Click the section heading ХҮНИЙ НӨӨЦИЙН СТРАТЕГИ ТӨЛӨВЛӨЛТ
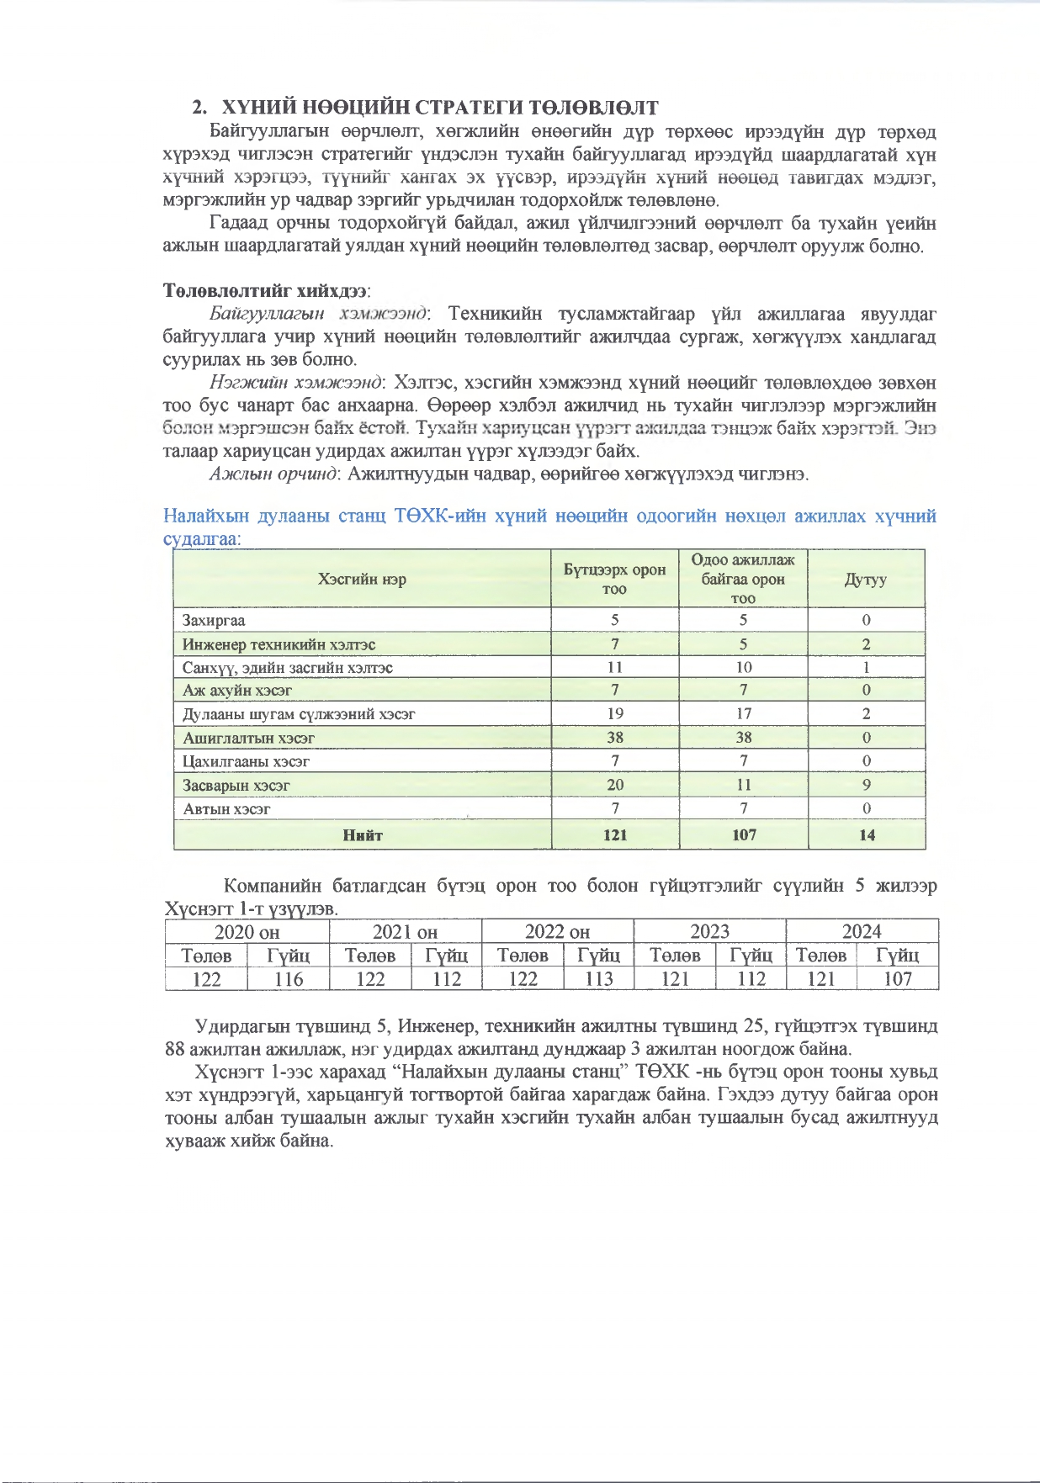438,108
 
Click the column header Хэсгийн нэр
362,579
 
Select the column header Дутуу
866,580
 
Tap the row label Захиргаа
214,621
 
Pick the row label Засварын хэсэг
236,786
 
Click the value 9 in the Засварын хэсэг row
866,785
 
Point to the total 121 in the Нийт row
615,835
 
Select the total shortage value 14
866,835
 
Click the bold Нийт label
363,835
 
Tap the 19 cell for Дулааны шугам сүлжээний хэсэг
615,713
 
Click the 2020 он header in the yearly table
247,931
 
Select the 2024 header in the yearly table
862,931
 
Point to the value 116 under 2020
288,979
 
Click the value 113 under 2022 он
598,979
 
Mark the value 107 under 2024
897,979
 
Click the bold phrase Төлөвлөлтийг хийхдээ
265,291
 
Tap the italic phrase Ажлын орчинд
273,474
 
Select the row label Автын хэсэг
227,809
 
